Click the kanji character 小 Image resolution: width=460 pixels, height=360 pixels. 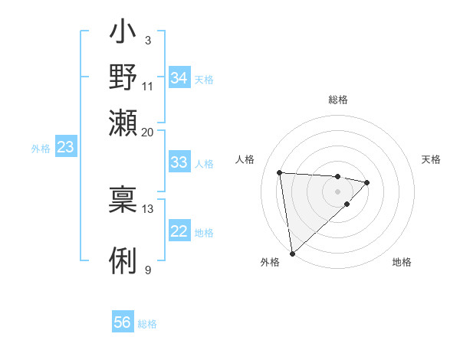123,34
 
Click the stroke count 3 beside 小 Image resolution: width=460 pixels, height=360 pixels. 147,40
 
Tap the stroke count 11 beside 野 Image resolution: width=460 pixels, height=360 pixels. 147,86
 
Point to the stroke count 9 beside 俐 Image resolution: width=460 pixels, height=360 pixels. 147,270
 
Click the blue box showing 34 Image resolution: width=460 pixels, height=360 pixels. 179,78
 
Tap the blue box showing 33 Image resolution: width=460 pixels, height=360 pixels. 179,162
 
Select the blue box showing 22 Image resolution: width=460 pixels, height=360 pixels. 179,232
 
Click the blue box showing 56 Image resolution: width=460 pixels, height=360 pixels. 123,322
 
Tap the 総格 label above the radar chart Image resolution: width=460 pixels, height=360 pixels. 337,100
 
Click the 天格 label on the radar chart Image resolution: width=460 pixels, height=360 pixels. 431,159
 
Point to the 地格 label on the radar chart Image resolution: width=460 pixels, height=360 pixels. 402,262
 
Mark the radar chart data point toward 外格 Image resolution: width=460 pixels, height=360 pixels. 292,253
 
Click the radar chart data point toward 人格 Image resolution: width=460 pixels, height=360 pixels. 280,172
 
